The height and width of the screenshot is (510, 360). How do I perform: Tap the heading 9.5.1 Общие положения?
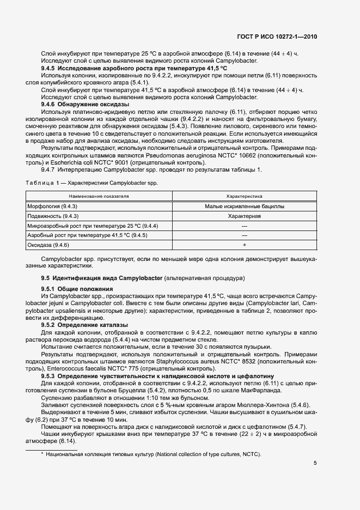click(x=77, y=288)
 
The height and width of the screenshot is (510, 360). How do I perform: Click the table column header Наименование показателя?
click(x=99, y=195)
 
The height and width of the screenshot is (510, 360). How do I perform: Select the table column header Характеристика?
click(x=244, y=195)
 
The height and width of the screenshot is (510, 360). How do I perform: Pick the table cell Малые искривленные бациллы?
click(x=244, y=207)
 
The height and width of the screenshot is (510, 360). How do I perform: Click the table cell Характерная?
click(x=244, y=216)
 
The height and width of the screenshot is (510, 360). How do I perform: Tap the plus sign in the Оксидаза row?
click(x=244, y=245)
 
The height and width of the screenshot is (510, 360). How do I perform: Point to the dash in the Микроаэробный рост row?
click(x=244, y=226)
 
